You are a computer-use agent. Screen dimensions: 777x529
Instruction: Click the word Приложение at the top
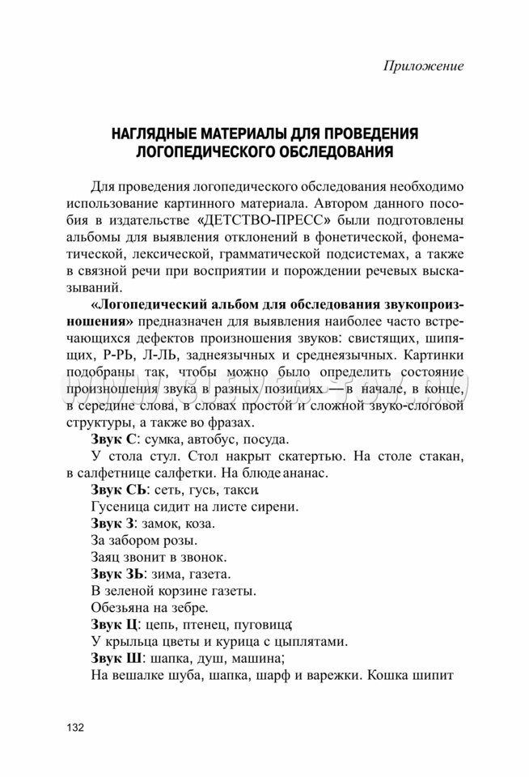pyautogui.click(x=423, y=66)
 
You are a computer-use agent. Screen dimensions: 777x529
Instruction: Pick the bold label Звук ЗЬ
pyautogui.click(x=118, y=574)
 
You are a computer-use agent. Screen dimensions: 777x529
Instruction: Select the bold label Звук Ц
pyautogui.click(x=115, y=625)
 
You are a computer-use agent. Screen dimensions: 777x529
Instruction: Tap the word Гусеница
pyautogui.click(x=116, y=507)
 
